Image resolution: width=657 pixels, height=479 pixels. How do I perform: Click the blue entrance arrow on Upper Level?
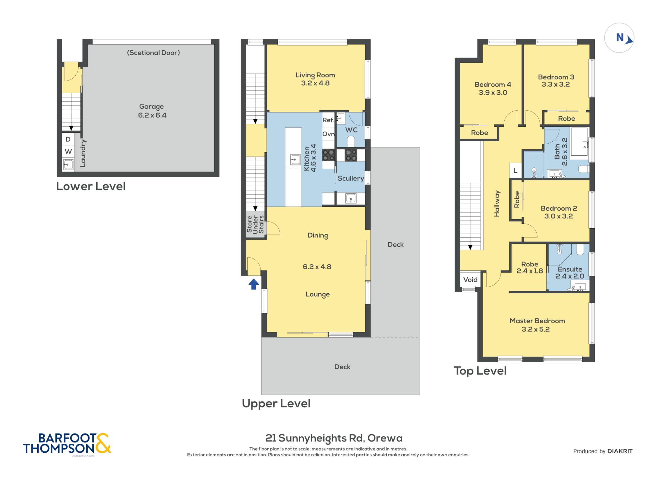(x=254, y=284)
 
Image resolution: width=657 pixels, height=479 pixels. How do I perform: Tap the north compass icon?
(x=619, y=38)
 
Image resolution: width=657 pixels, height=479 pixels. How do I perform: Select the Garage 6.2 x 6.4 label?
(x=152, y=111)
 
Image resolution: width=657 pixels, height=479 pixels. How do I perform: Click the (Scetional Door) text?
(x=153, y=53)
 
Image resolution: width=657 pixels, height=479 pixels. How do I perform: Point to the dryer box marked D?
(x=68, y=139)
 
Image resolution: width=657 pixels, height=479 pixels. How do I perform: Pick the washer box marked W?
(x=68, y=151)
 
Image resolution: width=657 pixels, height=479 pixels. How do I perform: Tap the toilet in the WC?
(x=351, y=141)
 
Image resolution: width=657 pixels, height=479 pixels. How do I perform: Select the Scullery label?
(x=351, y=178)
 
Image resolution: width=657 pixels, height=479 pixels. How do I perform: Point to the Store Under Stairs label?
(x=255, y=224)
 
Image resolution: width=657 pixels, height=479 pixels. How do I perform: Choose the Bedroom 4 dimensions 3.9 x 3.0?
(x=493, y=93)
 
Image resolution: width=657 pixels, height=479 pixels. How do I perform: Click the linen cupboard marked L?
(x=516, y=171)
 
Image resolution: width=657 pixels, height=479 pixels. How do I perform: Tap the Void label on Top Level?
(x=470, y=280)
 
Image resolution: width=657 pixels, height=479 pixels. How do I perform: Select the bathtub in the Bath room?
(x=579, y=142)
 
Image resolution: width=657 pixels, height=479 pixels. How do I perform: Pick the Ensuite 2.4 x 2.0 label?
(x=570, y=273)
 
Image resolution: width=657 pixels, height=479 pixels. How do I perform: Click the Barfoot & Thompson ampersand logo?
(x=103, y=443)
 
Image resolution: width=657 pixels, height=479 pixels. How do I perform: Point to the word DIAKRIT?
(x=620, y=451)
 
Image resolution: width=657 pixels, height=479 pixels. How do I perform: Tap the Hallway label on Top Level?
(x=497, y=204)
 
